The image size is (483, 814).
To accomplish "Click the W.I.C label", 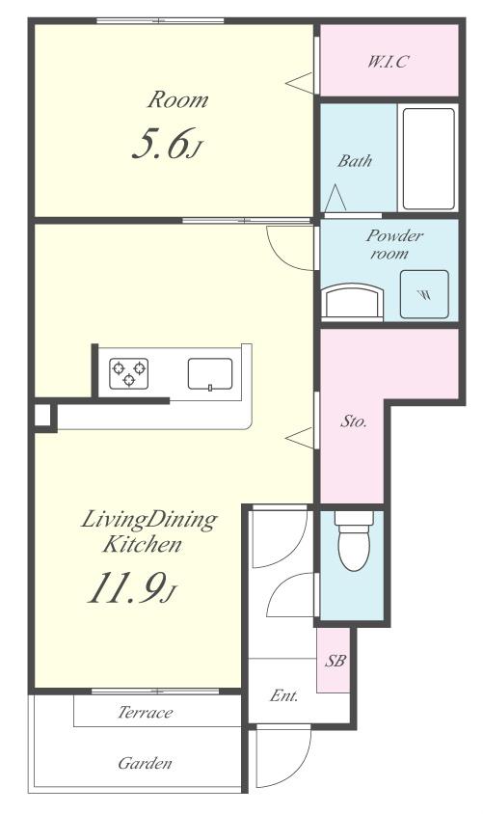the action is (389, 62).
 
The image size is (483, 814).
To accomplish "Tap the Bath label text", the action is (355, 160).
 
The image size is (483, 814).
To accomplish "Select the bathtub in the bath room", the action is (428, 158).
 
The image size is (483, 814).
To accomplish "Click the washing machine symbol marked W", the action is (424, 294).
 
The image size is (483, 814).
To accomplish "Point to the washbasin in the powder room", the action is (353, 302).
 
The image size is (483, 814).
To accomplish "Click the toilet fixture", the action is (354, 540).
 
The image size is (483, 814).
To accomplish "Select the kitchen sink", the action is (209, 373).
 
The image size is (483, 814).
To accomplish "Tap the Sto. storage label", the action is (353, 421).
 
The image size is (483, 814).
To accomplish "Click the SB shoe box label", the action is (335, 661).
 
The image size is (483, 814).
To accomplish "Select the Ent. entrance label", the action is (283, 695).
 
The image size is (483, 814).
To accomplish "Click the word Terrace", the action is (146, 712).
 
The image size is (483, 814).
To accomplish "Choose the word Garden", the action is (145, 763).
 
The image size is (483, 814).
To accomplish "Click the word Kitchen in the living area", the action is (142, 545).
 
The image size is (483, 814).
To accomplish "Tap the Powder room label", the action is (394, 244).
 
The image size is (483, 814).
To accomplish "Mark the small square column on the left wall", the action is (43, 416).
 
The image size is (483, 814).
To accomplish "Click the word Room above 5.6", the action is (177, 99).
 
